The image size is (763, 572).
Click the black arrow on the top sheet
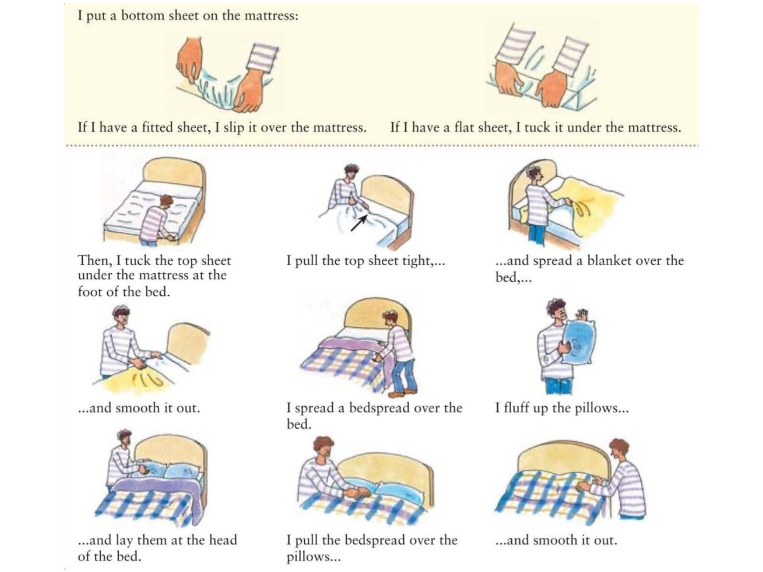[359, 223]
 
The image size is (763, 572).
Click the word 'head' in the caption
[223, 540]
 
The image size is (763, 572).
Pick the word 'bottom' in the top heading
[142, 16]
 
